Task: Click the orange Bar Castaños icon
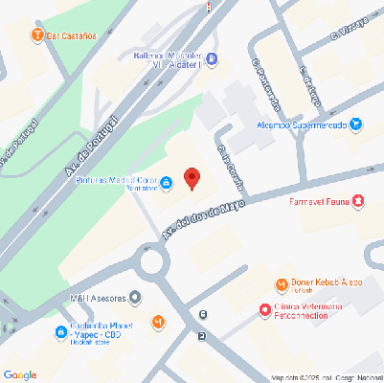(x=37, y=36)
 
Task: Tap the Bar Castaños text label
(x=72, y=36)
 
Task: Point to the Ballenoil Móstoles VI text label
(x=165, y=60)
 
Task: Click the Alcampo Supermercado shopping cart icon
(x=355, y=124)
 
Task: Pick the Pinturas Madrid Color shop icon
(x=167, y=182)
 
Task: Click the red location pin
(x=192, y=179)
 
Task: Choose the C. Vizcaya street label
(x=347, y=32)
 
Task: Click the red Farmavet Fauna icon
(x=358, y=201)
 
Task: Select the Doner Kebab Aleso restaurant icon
(x=281, y=284)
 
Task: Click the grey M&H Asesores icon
(x=134, y=297)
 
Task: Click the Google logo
(x=20, y=374)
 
